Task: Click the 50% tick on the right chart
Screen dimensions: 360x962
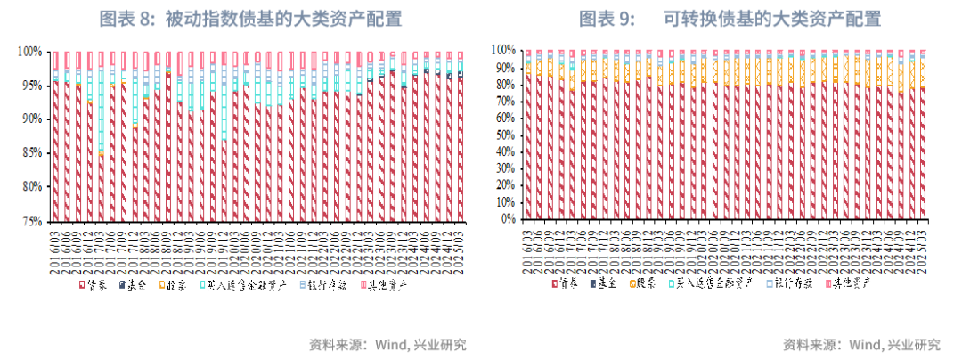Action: (504, 134)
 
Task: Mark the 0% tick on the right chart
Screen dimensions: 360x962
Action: (507, 218)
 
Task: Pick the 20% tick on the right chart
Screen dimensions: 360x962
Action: (504, 184)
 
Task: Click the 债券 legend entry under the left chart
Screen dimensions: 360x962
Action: (93, 286)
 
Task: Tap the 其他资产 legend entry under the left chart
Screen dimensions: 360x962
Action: (385, 286)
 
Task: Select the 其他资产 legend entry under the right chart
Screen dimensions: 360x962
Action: (850, 283)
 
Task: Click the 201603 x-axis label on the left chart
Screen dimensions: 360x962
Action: (56, 252)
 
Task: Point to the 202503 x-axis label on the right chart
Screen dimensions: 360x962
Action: (923, 249)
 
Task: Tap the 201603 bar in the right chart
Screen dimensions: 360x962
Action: (528, 147)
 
